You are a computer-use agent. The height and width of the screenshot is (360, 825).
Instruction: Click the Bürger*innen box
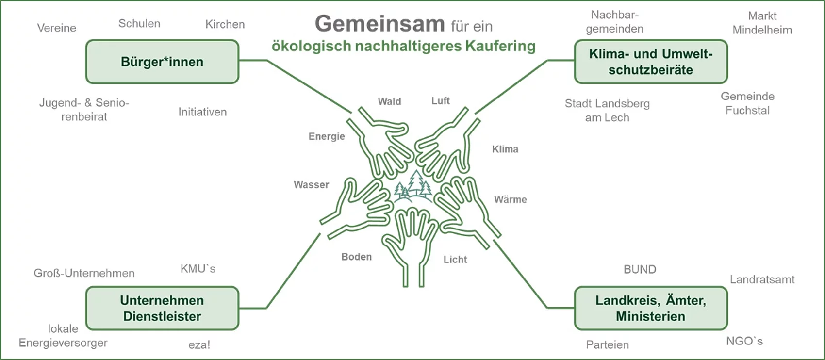pos(162,62)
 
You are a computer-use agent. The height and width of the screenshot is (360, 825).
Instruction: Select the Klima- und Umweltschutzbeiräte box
pos(650,62)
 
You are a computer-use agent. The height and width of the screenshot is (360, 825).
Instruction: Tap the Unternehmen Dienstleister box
pos(162,308)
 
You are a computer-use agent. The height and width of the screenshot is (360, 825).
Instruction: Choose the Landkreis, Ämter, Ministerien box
pos(650,308)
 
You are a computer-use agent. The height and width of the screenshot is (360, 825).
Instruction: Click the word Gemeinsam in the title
pos(379,23)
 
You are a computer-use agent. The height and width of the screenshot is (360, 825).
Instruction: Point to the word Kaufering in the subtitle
pos(500,46)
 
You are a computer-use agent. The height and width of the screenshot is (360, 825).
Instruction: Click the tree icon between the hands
pos(413,187)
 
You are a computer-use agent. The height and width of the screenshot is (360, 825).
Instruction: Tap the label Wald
pos(389,101)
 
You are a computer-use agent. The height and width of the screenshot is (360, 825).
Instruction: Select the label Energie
pos(327,136)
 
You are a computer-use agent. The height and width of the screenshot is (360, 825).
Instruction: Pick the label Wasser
pos(311,185)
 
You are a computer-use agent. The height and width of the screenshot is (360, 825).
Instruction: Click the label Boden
pos(356,257)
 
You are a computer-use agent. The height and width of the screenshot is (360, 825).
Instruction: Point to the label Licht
pos(455,260)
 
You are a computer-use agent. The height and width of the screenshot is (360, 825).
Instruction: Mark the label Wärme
pos(510,199)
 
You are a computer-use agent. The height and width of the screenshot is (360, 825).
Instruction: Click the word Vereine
pos(57,28)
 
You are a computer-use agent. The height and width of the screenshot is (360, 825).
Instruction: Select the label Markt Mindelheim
pos(762,23)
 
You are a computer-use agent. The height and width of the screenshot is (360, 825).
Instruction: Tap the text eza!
pos(199,345)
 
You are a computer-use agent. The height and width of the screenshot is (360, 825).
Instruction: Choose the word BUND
pos(640,270)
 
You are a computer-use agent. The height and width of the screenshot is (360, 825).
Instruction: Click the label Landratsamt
pos(762,279)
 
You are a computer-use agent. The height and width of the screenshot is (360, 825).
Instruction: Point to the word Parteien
pos(607,345)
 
